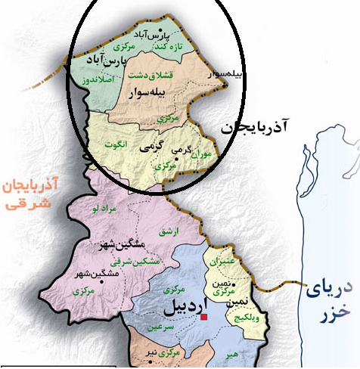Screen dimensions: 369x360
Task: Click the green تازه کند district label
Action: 166,46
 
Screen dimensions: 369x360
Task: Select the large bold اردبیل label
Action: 180,310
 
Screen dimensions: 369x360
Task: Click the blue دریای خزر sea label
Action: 327,299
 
